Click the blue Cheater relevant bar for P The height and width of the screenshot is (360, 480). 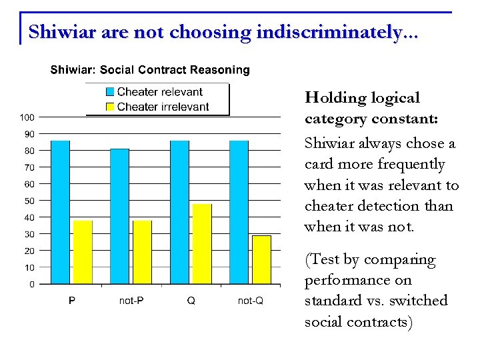(60, 212)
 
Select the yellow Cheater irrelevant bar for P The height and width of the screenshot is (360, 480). (83, 252)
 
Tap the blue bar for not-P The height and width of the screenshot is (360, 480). (119, 216)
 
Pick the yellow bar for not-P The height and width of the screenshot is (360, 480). (142, 252)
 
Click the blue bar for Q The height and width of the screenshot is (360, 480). (179, 212)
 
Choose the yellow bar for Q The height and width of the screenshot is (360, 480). (202, 244)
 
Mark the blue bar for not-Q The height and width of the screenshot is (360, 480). (239, 212)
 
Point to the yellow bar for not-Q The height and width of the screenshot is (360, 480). (261, 259)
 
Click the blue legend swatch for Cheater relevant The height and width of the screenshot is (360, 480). (110, 92)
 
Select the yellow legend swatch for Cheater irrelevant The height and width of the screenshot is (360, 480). (110, 107)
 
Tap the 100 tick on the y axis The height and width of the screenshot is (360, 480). (27, 117)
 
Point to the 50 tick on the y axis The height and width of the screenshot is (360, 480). (29, 201)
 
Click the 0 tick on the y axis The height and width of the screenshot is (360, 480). (31, 285)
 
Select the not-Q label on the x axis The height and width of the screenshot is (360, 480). (251, 301)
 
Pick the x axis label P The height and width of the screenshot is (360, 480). (72, 301)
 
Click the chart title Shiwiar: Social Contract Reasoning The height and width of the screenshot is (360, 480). (150, 70)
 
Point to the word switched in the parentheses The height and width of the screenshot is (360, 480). (421, 301)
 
